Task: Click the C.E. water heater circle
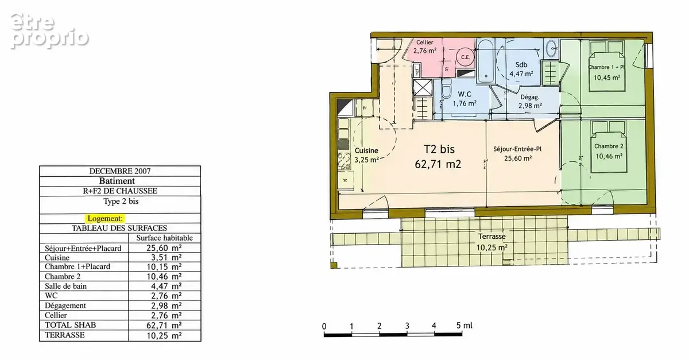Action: coord(466,57)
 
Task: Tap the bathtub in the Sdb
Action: coord(485,61)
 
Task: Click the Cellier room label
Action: coord(424,42)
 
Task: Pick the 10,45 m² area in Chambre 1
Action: coord(607,78)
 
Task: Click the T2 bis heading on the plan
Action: coord(439,149)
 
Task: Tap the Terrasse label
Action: coord(492,237)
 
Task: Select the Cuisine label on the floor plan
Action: coord(366,151)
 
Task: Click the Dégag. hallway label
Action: coord(529,97)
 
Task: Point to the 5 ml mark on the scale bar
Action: coord(464,325)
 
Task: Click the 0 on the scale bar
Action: coord(324,327)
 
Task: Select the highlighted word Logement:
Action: coord(105,218)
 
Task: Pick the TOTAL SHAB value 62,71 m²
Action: coord(164,325)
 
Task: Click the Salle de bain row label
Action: coord(65,286)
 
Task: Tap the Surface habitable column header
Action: coord(165,238)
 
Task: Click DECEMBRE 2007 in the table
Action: coord(120,171)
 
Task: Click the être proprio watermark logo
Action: coord(49,31)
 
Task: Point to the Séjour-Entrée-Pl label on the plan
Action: coord(517,149)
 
